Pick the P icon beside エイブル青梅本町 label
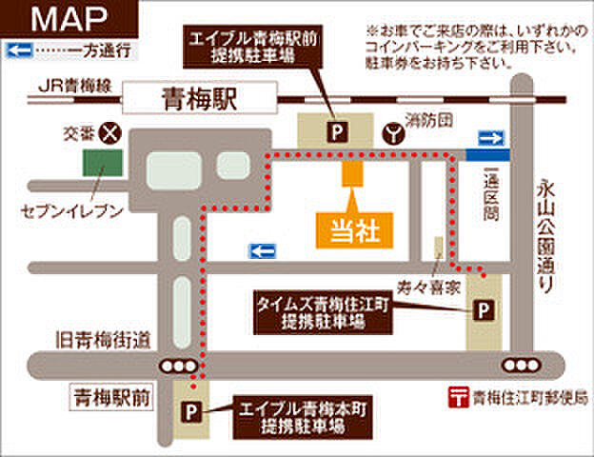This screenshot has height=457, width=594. click(x=192, y=411)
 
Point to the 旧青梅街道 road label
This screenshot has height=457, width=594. click(x=104, y=338)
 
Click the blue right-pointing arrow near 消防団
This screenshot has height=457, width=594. click(x=489, y=139)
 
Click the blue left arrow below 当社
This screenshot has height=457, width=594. click(x=262, y=250)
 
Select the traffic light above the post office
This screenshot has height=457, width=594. click(x=522, y=366)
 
